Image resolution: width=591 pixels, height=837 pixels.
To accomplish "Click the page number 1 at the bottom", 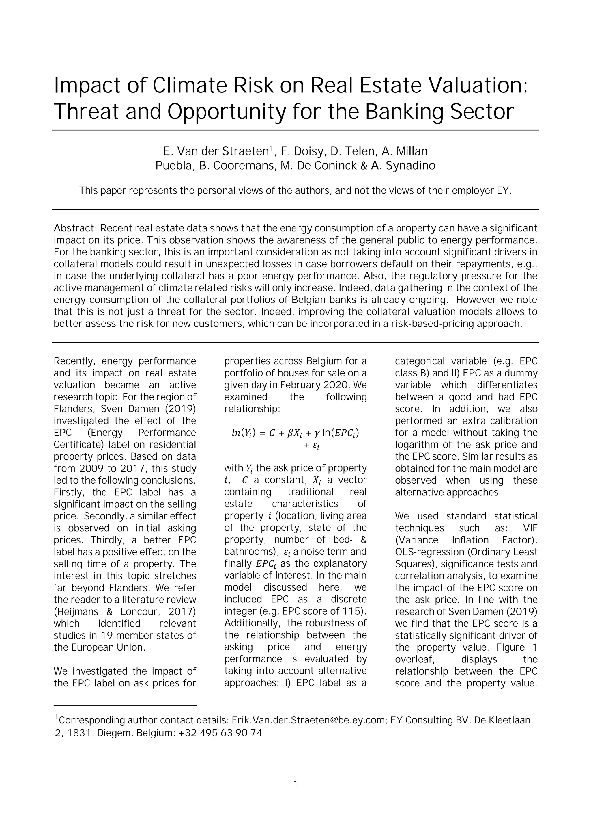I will click(x=295, y=784).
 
